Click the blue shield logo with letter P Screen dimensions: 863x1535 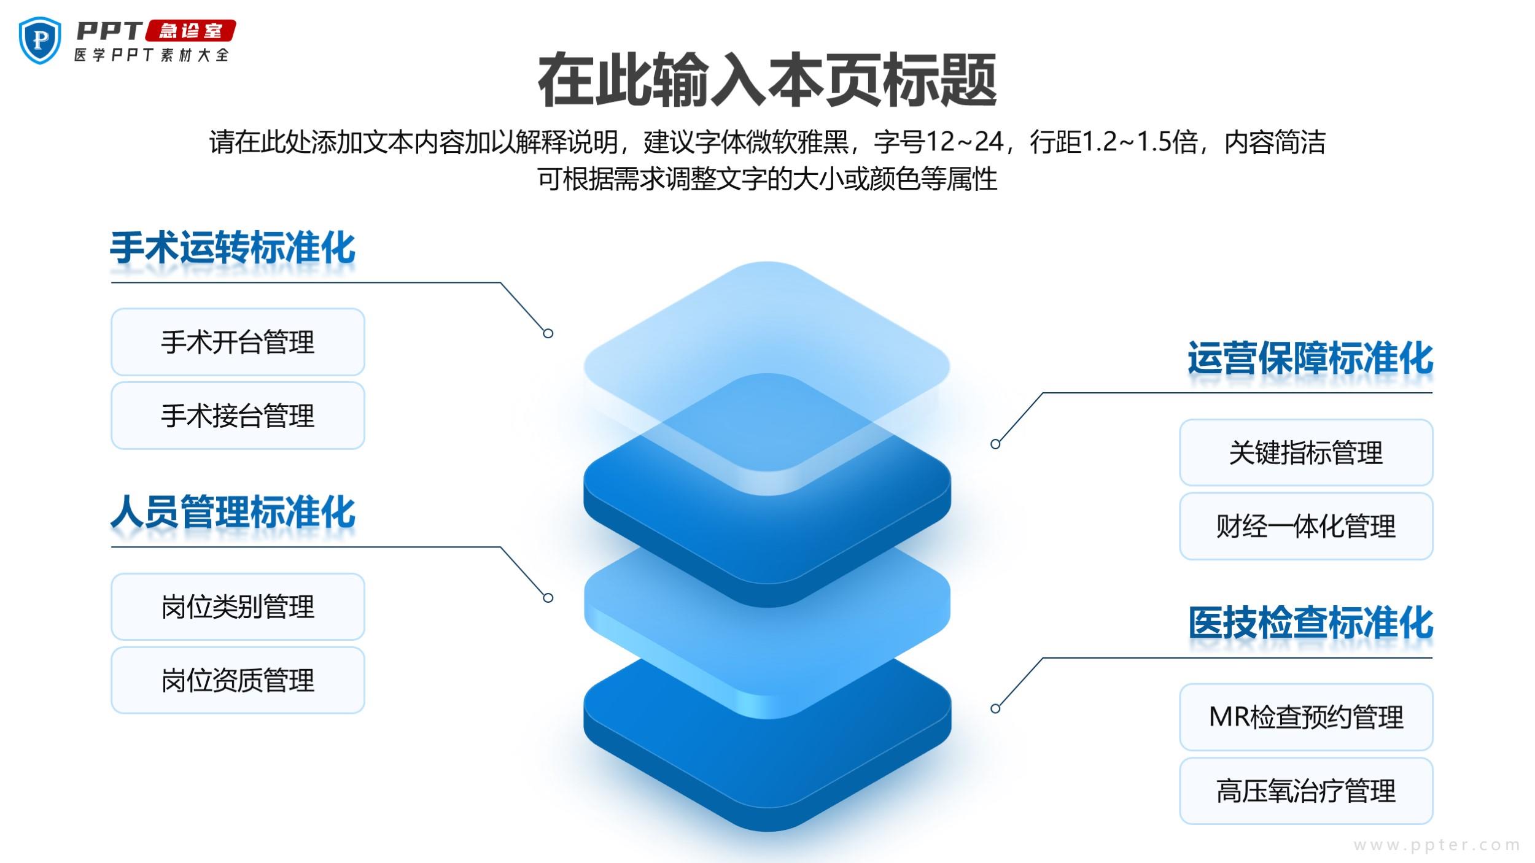coord(40,40)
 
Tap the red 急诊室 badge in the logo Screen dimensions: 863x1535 coord(190,30)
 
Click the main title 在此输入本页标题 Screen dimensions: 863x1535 coord(767,80)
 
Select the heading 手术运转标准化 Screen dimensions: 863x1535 coord(233,249)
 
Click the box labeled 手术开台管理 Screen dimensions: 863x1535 coord(238,342)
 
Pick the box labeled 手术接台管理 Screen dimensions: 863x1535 coord(238,416)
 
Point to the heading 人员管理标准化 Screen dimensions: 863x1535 coord(233,513)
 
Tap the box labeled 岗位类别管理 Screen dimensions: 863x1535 coord(238,607)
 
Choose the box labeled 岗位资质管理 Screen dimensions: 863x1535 coord(238,680)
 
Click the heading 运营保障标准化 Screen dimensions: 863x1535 coord(1310,359)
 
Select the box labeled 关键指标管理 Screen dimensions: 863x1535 coord(1305,453)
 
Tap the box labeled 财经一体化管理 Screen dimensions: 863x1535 coord(1305,526)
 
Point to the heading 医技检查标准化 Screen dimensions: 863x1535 coord(1310,624)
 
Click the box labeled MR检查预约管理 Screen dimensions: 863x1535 coord(1305,717)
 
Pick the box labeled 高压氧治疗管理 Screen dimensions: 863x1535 coord(1305,791)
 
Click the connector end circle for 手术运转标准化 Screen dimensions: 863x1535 coord(548,333)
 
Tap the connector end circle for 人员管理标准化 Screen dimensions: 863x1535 coord(548,598)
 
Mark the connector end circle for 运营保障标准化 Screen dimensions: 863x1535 coord(995,444)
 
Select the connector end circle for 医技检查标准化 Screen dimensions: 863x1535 coord(995,709)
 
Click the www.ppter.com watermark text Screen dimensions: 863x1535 coord(1436,845)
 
